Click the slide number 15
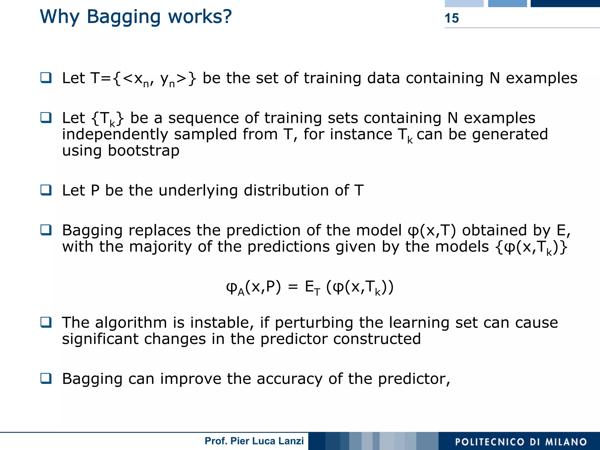pyautogui.click(x=451, y=18)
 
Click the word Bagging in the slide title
pyautogui.click(x=124, y=17)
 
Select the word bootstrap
pyautogui.click(x=143, y=151)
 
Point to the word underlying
pyautogui.click(x=198, y=191)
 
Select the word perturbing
pyautogui.click(x=314, y=323)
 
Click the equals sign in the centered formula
pyautogui.click(x=293, y=287)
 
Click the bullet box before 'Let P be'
pyautogui.click(x=46, y=190)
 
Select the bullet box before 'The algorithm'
pyautogui.click(x=46, y=323)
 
